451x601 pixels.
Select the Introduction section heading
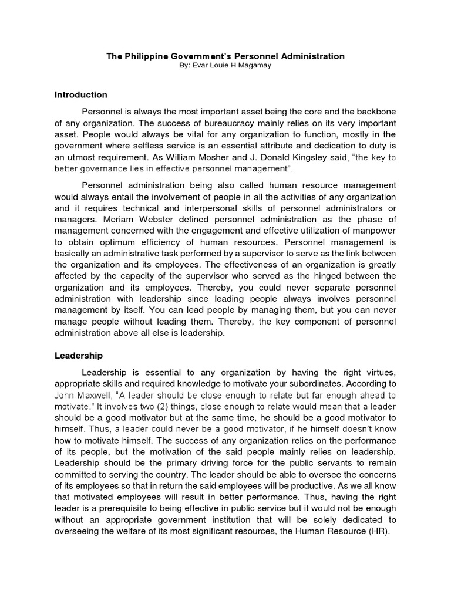81,94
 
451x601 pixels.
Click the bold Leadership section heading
79,356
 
